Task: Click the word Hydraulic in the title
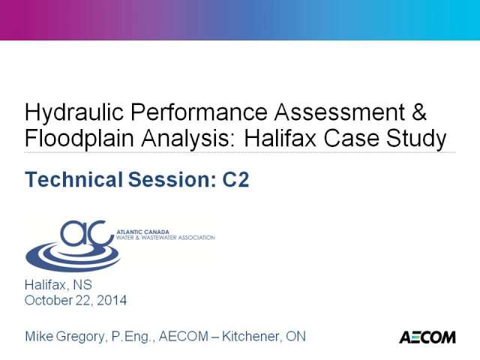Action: pos(74,113)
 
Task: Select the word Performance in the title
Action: pos(199,112)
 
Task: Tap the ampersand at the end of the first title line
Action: pos(418,112)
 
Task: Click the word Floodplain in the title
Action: pos(79,139)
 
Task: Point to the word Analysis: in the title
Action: pos(188,139)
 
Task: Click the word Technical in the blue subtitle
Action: pos(73,179)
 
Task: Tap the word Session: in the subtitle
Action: pos(172,179)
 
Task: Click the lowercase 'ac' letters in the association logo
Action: pos(87,234)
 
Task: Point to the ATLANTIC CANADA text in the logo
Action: pos(142,232)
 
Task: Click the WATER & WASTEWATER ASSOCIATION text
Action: pos(166,238)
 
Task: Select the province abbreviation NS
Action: pos(82,285)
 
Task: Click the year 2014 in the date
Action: pos(112,300)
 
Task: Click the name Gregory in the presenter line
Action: pos(82,337)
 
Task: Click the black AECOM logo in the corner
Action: pos(427,337)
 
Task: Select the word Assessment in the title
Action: pos(340,112)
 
